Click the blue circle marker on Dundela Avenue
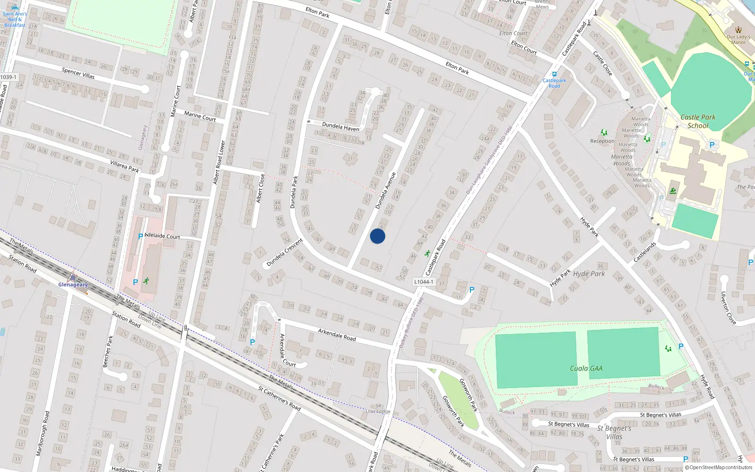tap(377, 236)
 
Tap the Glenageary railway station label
tap(73, 285)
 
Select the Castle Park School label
tap(698, 121)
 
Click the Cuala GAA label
tap(586, 369)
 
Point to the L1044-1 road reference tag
tap(423, 282)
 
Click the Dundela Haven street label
tap(340, 126)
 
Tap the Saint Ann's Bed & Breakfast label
tap(15, 19)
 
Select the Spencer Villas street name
tap(78, 73)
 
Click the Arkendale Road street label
tap(337, 335)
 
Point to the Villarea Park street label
tap(125, 166)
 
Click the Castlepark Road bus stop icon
tap(554, 74)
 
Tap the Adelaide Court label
tap(162, 236)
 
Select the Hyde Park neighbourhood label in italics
tap(589, 274)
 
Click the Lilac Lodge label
tap(378, 411)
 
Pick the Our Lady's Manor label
tap(738, 39)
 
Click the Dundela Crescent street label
tap(285, 253)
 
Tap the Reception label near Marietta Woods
tap(602, 141)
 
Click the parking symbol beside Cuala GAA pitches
tap(680, 346)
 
